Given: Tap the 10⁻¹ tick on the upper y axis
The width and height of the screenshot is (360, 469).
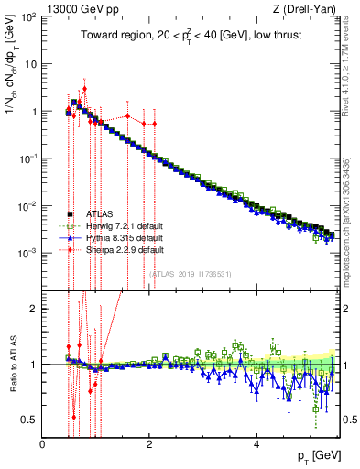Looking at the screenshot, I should [29, 158].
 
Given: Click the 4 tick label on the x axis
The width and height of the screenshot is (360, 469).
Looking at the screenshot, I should [256, 443].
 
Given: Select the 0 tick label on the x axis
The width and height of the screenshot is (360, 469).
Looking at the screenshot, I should [42, 443].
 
